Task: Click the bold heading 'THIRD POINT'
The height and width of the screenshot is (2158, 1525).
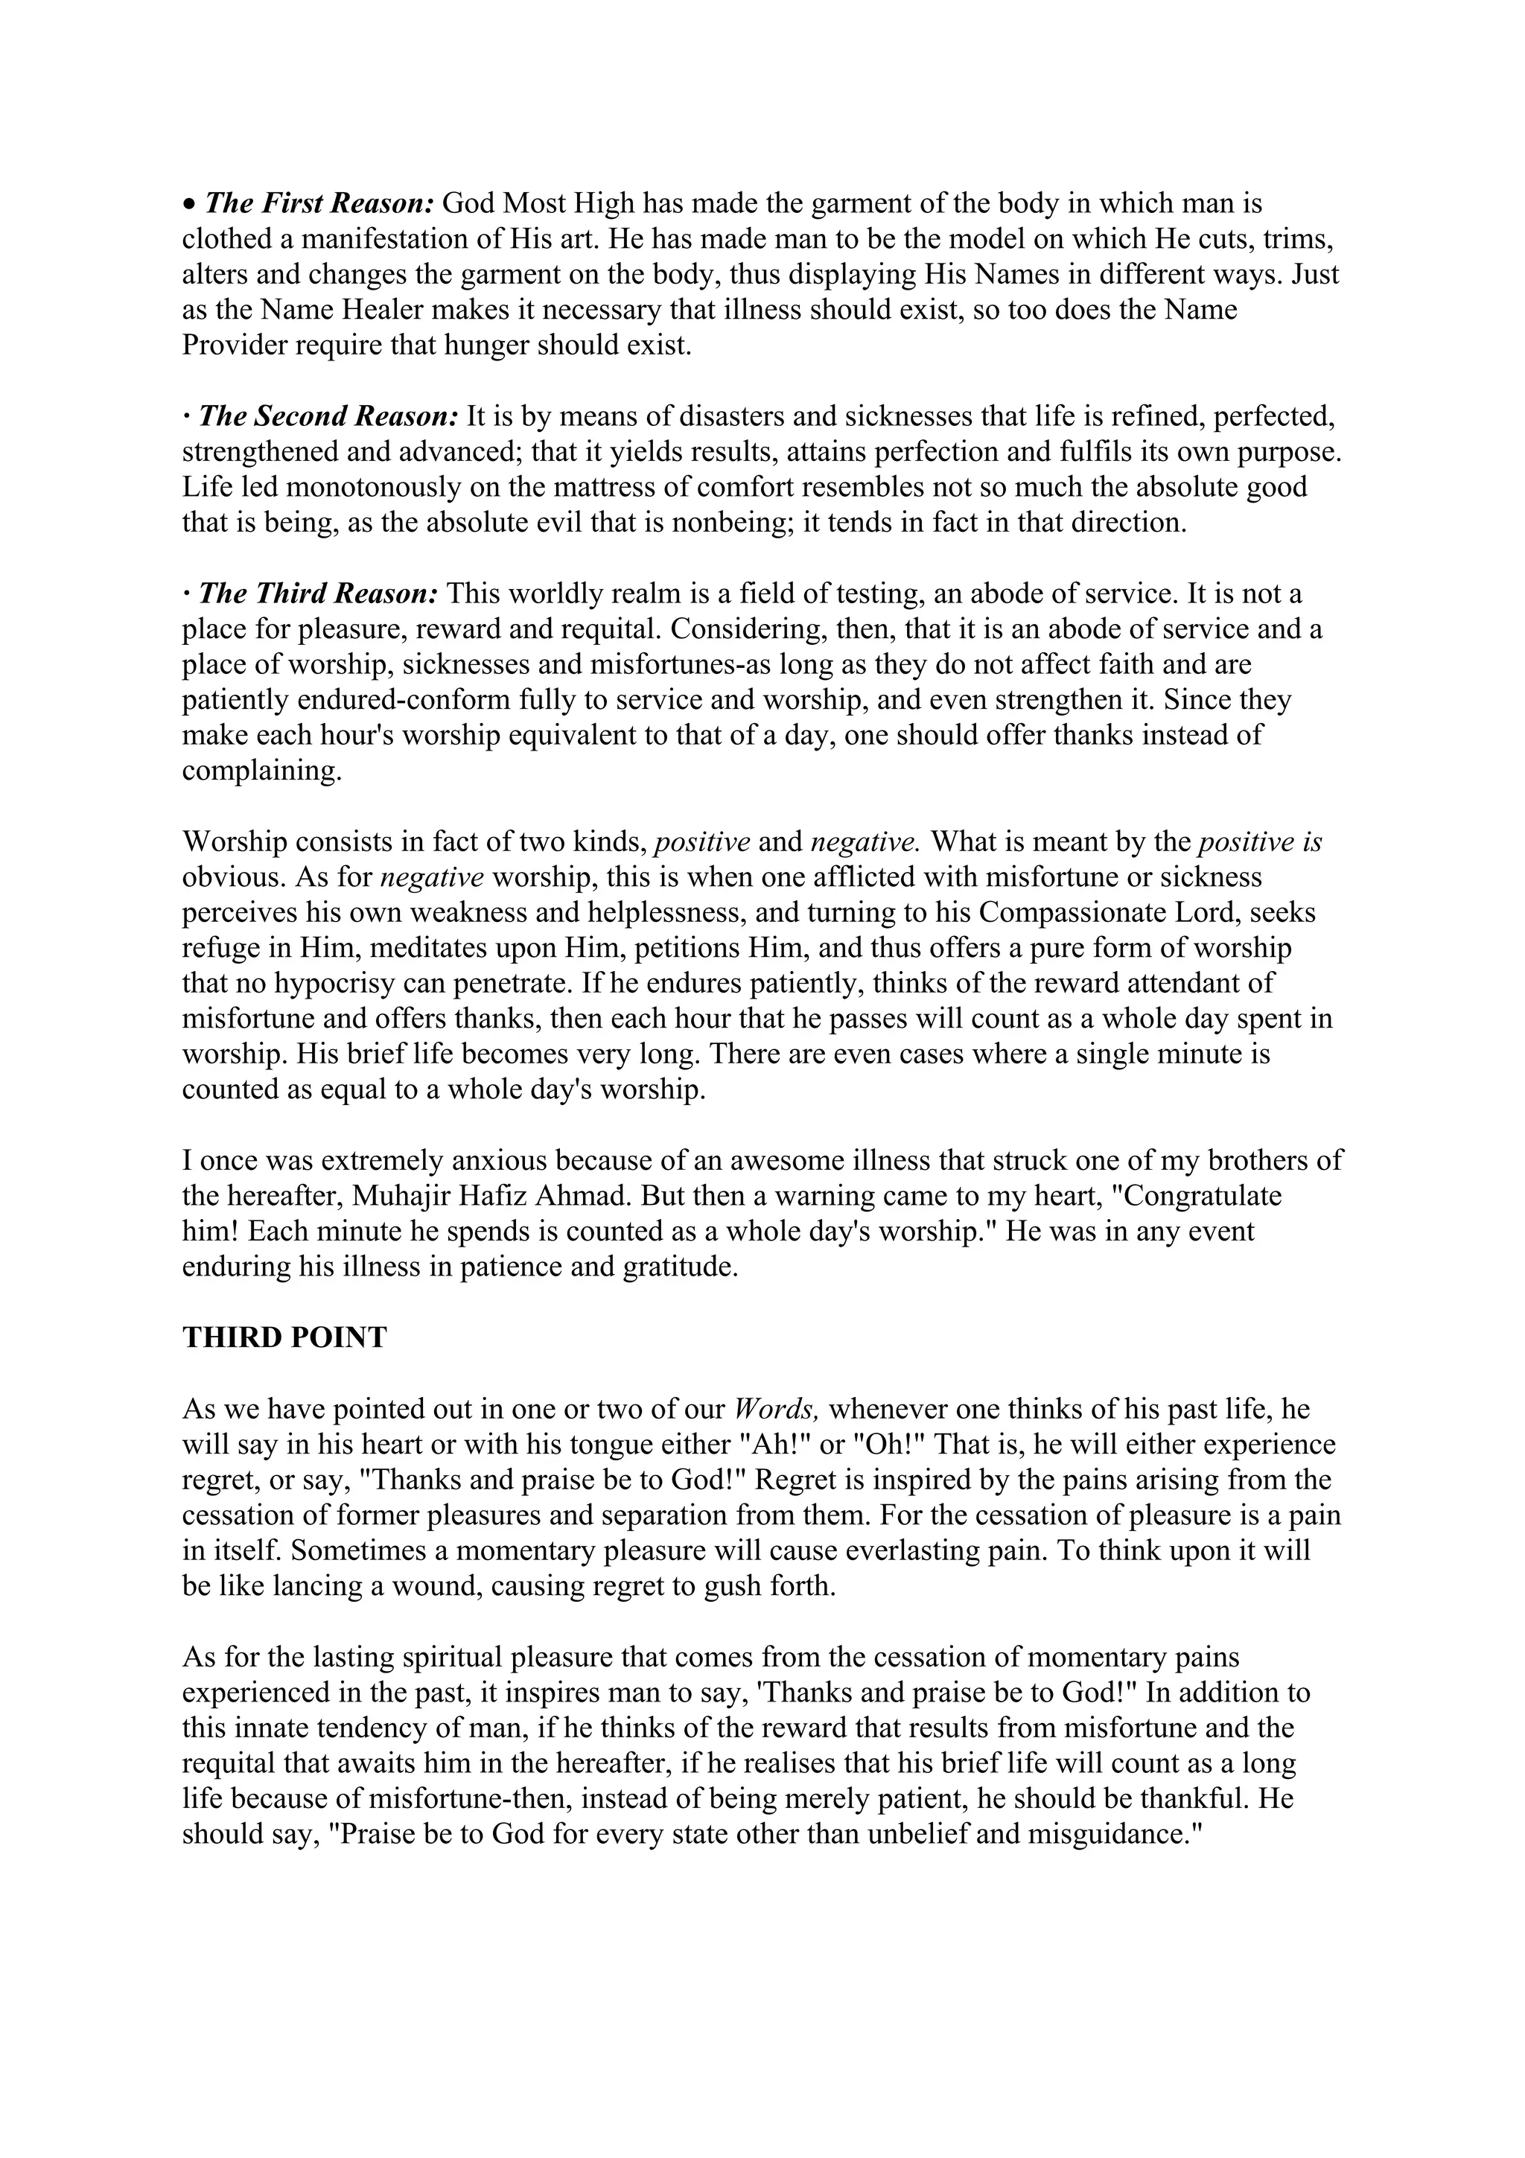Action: tap(284, 1337)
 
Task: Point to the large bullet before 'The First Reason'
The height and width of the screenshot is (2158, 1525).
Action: tap(189, 204)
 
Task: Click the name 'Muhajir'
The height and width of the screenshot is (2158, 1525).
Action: tap(410, 1197)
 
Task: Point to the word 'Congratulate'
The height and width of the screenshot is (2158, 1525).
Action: tap(1203, 1197)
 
